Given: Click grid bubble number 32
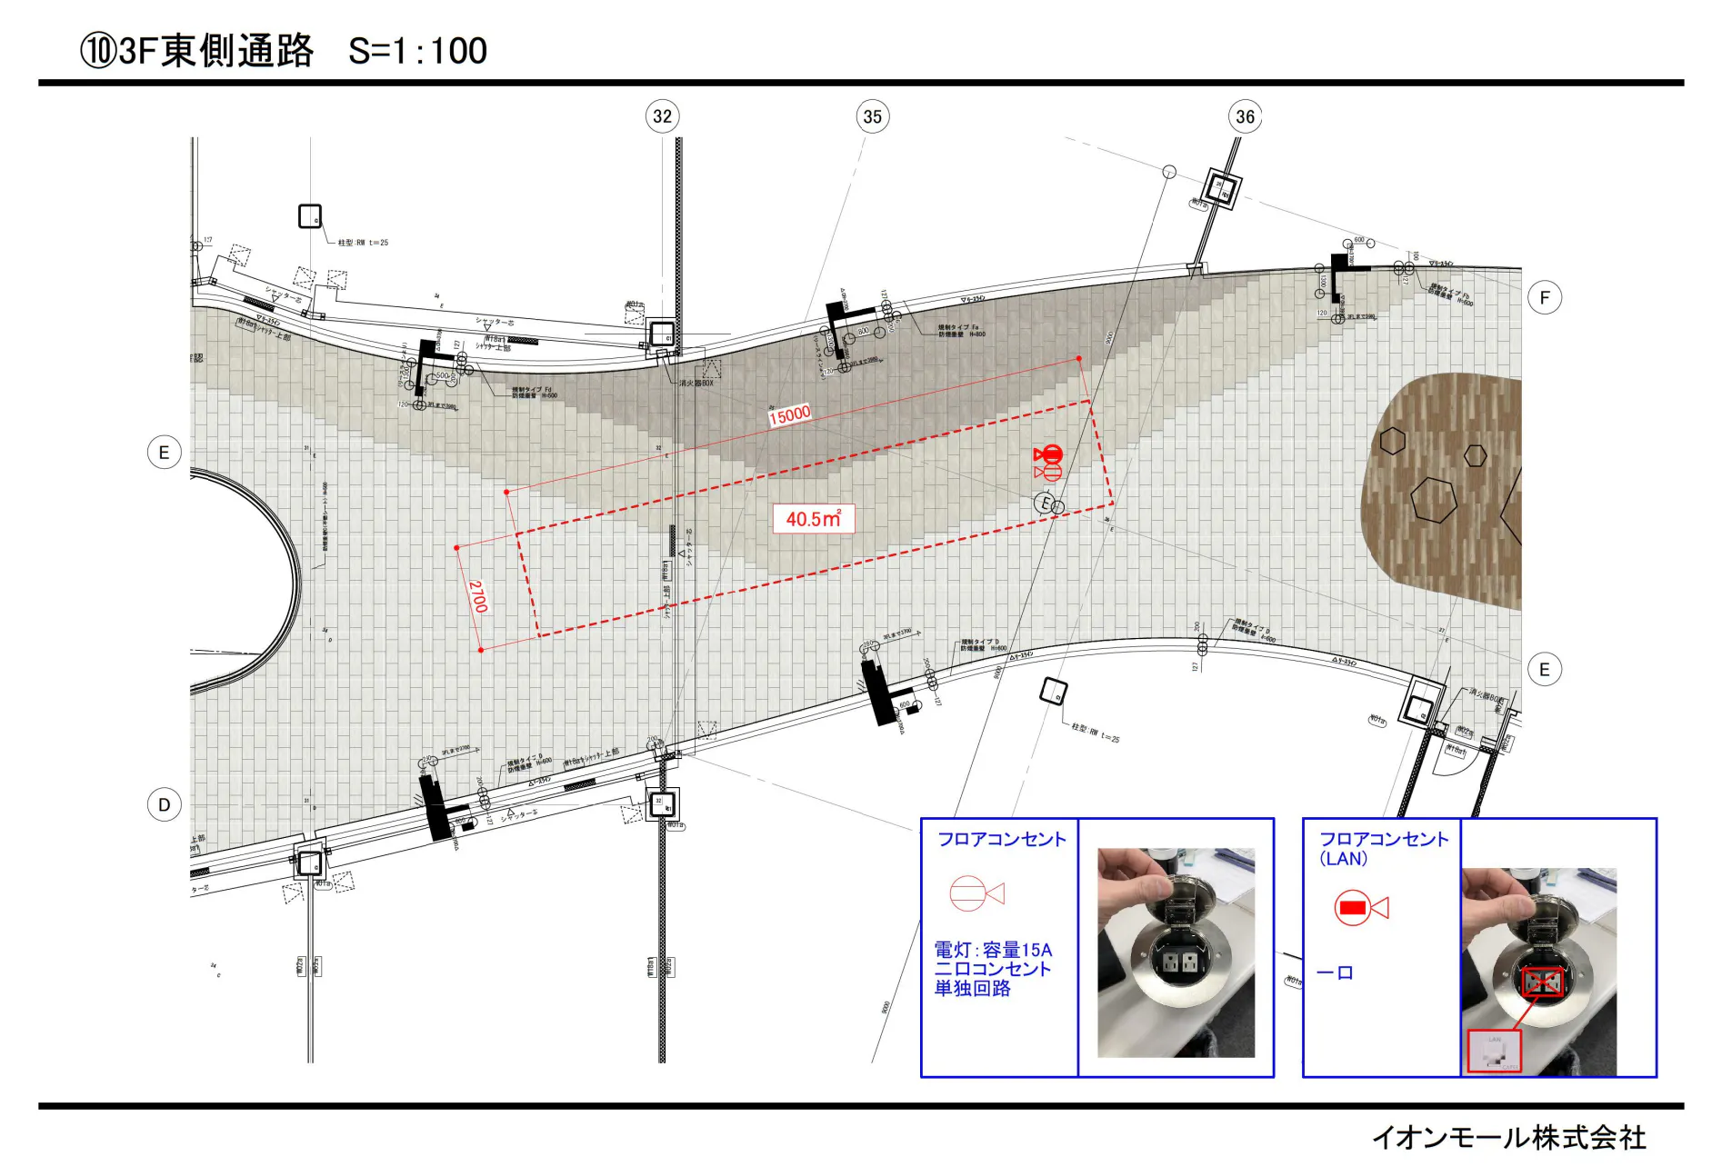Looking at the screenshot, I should tap(662, 116).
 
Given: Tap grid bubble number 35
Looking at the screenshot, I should tap(872, 116).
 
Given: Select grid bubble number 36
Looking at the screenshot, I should tap(1245, 116).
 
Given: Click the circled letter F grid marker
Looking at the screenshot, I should tap(1544, 297).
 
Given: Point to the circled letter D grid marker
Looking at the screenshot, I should tap(164, 804).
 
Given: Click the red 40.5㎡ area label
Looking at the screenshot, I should tap(813, 519).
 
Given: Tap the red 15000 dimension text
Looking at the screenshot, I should tap(789, 414).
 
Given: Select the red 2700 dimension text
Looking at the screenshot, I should tap(478, 596).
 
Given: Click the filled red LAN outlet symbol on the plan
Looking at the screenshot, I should tap(1050, 454).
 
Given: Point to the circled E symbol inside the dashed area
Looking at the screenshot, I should tap(1046, 503).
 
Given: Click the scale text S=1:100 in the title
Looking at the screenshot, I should tap(417, 51).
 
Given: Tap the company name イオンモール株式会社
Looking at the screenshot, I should tap(1508, 1137).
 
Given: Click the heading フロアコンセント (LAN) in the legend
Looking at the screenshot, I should tap(1382, 848).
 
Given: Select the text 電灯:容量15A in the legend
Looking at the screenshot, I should tap(993, 950).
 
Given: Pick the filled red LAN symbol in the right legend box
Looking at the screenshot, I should tap(1353, 907).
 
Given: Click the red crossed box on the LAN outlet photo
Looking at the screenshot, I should tap(1542, 982).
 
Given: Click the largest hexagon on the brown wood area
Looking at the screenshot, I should tap(1434, 500).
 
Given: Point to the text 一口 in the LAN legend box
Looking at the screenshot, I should tap(1335, 972).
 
